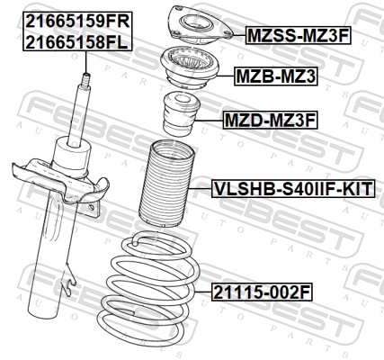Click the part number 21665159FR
pos(77,21)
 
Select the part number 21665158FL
pos(76,42)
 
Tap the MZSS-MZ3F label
pos(299,35)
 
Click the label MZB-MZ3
pos(276,76)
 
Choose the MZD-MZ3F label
pos(270,121)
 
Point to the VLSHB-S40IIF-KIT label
pos(293,189)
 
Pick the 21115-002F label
pos(263,292)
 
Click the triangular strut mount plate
pos(200,24)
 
